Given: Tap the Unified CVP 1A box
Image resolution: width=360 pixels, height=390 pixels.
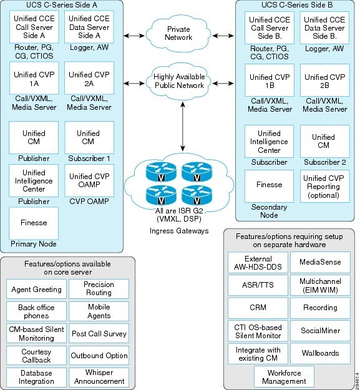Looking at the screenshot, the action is pyautogui.click(x=34, y=78).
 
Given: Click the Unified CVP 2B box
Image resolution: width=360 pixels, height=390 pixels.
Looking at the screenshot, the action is pyautogui.click(x=324, y=80).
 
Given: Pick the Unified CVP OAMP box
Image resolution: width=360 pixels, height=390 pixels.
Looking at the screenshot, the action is pyautogui.click(x=89, y=180).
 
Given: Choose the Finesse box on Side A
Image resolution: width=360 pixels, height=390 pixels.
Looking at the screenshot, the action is pyautogui.click(x=34, y=223).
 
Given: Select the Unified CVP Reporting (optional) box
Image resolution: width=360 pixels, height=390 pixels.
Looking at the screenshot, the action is pyautogui.click(x=324, y=187).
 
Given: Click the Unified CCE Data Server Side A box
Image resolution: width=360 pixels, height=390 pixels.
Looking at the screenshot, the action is pyautogui.click(x=89, y=27).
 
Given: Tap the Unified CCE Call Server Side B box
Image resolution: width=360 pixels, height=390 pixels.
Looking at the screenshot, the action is pyautogui.click(x=270, y=28).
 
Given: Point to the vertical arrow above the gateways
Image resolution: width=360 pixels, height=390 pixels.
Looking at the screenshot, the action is pyautogui.click(x=183, y=127).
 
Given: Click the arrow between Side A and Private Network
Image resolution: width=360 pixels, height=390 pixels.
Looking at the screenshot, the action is pyautogui.click(x=134, y=36).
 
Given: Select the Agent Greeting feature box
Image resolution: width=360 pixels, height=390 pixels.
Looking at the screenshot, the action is pyautogui.click(x=36, y=289).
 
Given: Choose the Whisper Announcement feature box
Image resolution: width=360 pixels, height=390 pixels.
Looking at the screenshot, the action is pyautogui.click(x=99, y=378).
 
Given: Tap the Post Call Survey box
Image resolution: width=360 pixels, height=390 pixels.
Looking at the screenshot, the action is pyautogui.click(x=99, y=333).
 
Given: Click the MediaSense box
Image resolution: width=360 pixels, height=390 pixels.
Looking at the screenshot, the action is pyautogui.click(x=320, y=263).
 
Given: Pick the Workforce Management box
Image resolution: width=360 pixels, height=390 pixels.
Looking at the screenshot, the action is pyautogui.click(x=284, y=376).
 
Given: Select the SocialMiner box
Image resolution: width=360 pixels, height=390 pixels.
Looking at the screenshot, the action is pyautogui.click(x=320, y=331).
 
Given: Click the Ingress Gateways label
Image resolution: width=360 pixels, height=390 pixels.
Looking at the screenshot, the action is pyautogui.click(x=179, y=231).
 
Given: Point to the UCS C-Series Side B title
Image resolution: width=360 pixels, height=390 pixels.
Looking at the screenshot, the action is pyautogui.click(x=297, y=5).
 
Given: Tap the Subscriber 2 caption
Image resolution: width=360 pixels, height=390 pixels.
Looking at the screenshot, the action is pyautogui.click(x=324, y=162).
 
